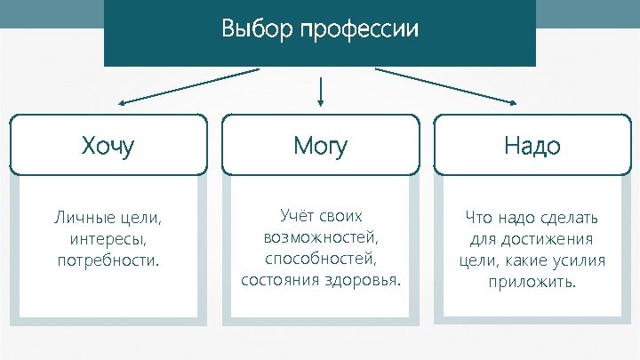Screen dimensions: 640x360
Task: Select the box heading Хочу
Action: pos(108,145)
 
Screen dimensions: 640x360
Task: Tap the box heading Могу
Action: pos(320,145)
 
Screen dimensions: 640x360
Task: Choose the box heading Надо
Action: pos(532,145)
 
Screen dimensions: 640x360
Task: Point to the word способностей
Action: pos(321,259)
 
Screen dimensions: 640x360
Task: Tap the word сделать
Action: pos(565,219)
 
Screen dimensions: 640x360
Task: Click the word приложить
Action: pos(532,283)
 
